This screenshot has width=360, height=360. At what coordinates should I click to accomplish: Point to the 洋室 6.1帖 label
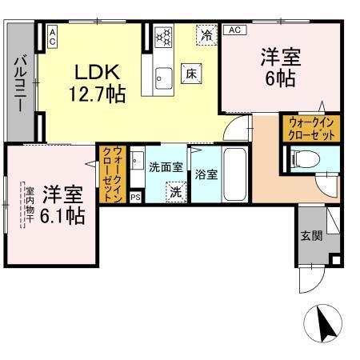coord(63,204)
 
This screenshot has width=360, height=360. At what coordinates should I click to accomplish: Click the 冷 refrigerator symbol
coord(206,34)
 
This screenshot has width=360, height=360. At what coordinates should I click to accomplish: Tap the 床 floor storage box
coord(192,72)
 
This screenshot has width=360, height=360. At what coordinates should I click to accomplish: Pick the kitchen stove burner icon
coord(164,36)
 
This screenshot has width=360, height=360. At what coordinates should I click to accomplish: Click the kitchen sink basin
coord(164,78)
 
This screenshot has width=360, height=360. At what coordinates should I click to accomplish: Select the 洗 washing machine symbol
coord(176,192)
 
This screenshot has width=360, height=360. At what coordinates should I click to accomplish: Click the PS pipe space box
coord(134,196)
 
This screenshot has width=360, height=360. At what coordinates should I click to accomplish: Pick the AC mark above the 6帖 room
coord(235,30)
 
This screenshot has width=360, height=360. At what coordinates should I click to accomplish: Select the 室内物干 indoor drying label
coord(29,207)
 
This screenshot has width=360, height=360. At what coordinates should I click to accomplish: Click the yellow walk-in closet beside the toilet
coord(310,128)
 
